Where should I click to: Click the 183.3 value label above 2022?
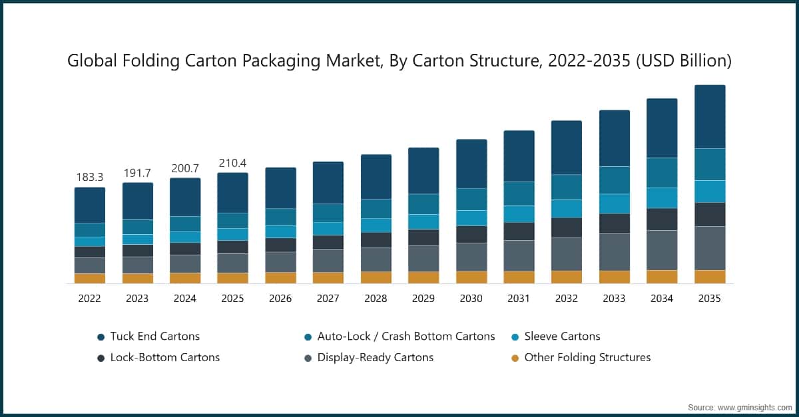coord(89,178)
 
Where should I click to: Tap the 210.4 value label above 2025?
coord(232,163)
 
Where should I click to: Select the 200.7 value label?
coord(184,168)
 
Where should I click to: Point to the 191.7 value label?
coord(137,173)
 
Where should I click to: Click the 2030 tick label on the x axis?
coord(471,299)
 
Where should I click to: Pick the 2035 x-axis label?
coord(709,299)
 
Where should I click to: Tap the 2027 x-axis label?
coord(328,299)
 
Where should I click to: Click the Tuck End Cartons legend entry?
coord(154,337)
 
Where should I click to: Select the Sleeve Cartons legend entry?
coord(562,337)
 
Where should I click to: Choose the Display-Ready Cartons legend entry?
coord(375,358)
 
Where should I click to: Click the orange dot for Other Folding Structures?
coord(513,358)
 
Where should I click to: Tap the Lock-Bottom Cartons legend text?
coord(164,358)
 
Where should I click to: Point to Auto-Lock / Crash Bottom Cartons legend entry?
coord(405,337)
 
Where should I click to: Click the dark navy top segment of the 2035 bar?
coord(709,116)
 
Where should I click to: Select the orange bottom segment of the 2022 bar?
coord(89,278)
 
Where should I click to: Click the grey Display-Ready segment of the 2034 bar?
coord(662,249)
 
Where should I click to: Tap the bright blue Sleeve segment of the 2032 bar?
coord(566,208)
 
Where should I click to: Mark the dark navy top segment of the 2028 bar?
coord(376,176)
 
